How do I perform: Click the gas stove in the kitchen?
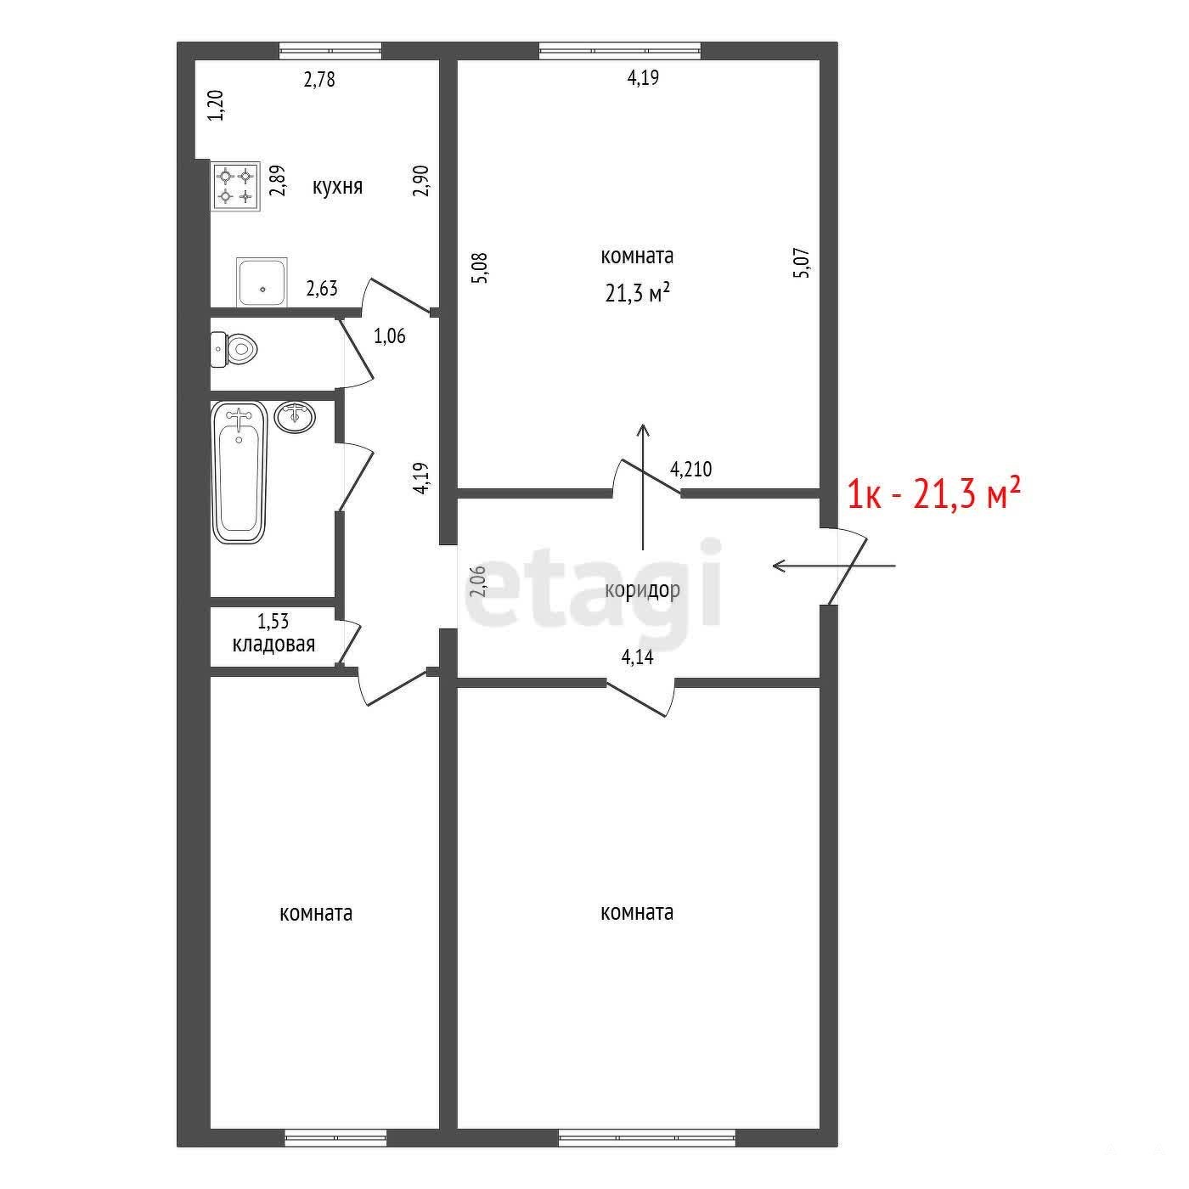click(236, 186)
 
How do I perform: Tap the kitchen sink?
click(262, 282)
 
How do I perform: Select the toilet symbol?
click(234, 349)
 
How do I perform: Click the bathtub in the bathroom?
click(238, 473)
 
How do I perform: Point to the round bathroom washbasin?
click(295, 417)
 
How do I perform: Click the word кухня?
click(337, 186)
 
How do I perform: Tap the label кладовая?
click(273, 644)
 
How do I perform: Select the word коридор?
click(642, 591)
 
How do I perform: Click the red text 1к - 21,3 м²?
click(933, 495)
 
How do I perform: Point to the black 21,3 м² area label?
click(637, 293)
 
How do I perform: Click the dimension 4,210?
click(691, 471)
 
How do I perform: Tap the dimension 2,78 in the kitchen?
click(319, 80)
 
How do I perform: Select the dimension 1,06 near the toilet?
click(390, 336)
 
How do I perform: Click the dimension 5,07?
click(803, 263)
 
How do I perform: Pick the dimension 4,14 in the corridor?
click(637, 657)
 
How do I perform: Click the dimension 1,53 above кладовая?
click(273, 621)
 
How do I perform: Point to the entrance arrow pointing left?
click(834, 565)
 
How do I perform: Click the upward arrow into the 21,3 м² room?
click(643, 486)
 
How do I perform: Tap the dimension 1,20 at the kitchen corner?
click(217, 105)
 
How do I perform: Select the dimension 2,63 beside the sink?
click(322, 289)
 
